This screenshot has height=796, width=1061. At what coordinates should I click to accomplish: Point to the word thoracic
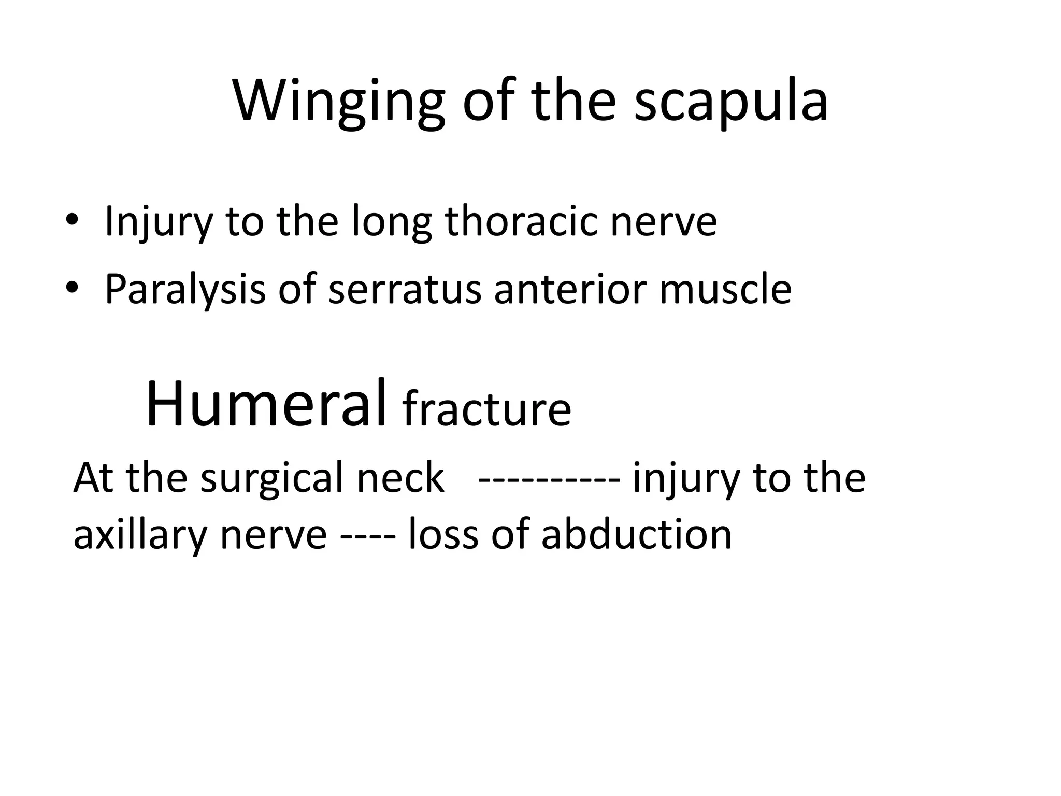pyautogui.click(x=522, y=221)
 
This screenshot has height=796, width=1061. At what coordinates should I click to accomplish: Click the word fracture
pyautogui.click(x=486, y=410)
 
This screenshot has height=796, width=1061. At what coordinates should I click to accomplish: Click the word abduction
pyautogui.click(x=636, y=534)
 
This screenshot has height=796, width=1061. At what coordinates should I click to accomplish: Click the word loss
pyautogui.click(x=443, y=534)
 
